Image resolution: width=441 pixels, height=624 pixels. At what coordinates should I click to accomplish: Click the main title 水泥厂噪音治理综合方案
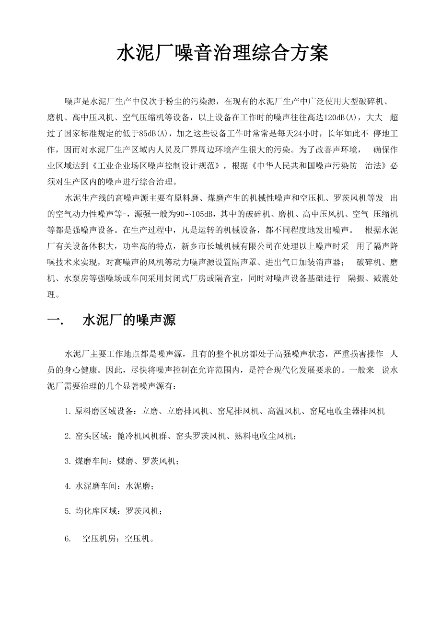222,54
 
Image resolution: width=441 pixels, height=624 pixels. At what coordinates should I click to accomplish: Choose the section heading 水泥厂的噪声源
129,320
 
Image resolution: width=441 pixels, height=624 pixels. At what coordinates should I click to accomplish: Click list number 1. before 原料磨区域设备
68,411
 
